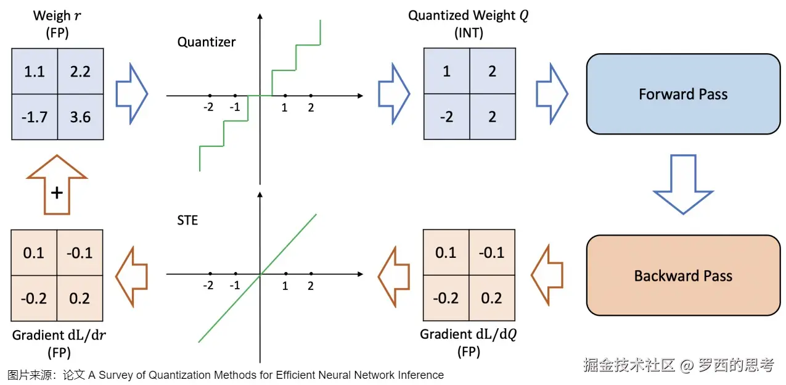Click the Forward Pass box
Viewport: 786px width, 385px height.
pyautogui.click(x=683, y=94)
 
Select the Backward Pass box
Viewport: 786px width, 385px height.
pyautogui.click(x=683, y=276)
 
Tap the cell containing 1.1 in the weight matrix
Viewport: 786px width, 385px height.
pyautogui.click(x=35, y=72)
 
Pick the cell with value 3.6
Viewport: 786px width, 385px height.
pyautogui.click(x=80, y=117)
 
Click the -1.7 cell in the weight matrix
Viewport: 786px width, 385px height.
pyautogui.click(x=35, y=117)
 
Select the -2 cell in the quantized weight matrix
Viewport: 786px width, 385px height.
pyautogui.click(x=446, y=117)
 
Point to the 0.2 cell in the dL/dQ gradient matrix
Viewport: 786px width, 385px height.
pyautogui.click(x=492, y=298)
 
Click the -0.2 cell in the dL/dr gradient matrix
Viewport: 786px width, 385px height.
pyautogui.click(x=35, y=298)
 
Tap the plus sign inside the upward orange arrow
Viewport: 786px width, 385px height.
pyautogui.click(x=57, y=193)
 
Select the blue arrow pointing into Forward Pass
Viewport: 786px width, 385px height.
pyautogui.click(x=551, y=94)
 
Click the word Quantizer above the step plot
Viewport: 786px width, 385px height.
pyautogui.click(x=207, y=42)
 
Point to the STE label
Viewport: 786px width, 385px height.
pyautogui.click(x=187, y=220)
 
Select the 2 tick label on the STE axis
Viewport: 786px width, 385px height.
pyautogui.click(x=311, y=286)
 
